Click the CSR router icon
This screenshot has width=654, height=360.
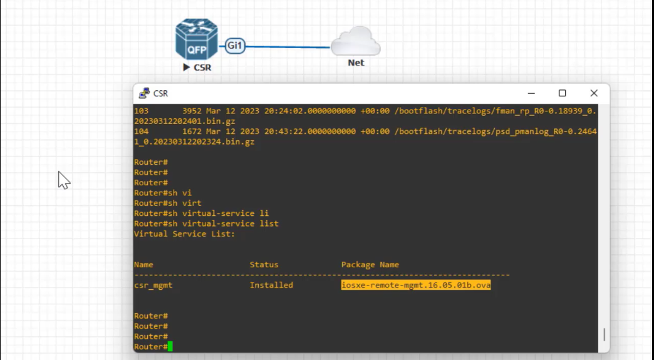tap(197, 39)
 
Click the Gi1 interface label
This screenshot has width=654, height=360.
tap(235, 46)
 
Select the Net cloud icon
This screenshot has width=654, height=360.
tap(356, 41)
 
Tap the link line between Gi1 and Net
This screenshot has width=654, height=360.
tap(288, 47)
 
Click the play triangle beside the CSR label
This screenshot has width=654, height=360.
tap(186, 67)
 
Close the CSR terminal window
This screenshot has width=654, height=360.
tap(594, 93)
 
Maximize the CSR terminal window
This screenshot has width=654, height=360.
tap(563, 93)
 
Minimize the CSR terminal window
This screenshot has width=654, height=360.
tap(531, 93)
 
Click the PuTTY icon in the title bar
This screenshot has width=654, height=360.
tap(144, 93)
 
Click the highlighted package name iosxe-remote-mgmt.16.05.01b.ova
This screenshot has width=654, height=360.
tap(416, 285)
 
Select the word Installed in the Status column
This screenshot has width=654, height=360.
tap(271, 285)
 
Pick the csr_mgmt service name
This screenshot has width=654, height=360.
tap(153, 285)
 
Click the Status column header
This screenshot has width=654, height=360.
tap(264, 265)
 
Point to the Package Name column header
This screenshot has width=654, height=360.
tap(370, 265)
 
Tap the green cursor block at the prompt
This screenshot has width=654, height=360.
tap(170, 347)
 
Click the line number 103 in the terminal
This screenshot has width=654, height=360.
tap(141, 111)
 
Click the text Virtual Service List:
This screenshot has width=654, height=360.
tap(184, 234)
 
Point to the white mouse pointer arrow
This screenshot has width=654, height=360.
tap(64, 180)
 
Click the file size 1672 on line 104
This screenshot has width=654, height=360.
tap(192, 131)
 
